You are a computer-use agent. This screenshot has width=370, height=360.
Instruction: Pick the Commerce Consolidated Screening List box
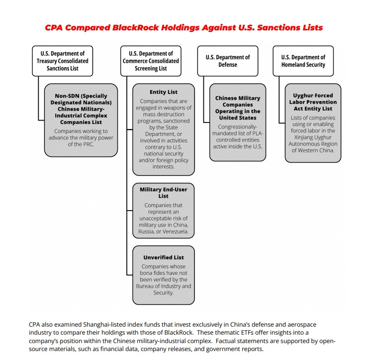tap(151, 61)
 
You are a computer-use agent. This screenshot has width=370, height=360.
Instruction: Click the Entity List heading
tap(163, 92)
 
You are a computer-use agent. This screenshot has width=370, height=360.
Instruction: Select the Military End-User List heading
tap(163, 193)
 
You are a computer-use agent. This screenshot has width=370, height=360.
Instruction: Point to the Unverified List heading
tap(163, 257)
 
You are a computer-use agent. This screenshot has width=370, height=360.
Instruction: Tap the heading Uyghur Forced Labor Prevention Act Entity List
tap(313, 102)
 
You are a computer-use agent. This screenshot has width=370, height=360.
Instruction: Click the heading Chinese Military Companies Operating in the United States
tap(237, 108)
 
